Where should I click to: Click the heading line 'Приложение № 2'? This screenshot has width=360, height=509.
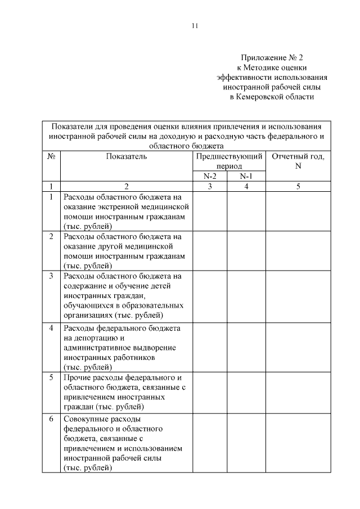[272, 57]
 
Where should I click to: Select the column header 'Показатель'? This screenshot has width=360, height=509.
[126, 156]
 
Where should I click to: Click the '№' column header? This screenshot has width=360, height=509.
[51, 156]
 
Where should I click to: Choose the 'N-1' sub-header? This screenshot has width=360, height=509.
[246, 176]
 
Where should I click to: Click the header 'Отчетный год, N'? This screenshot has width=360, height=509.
[298, 161]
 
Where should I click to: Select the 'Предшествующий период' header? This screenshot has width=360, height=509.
[228, 161]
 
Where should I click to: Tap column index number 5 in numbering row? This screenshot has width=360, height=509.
[298, 187]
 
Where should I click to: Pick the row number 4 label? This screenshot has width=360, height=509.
[51, 327]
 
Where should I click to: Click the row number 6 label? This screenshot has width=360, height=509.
[51, 419]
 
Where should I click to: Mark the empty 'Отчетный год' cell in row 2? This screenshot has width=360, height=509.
[298, 250]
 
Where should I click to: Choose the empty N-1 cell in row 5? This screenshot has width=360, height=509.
[246, 392]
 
